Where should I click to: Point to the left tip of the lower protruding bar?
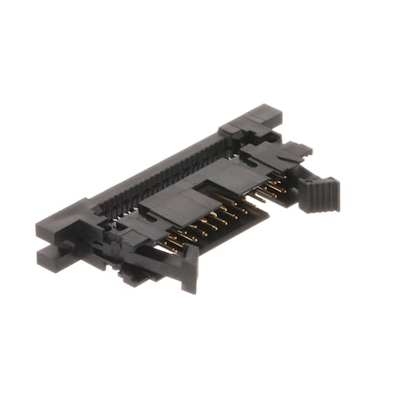tap(41, 255)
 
